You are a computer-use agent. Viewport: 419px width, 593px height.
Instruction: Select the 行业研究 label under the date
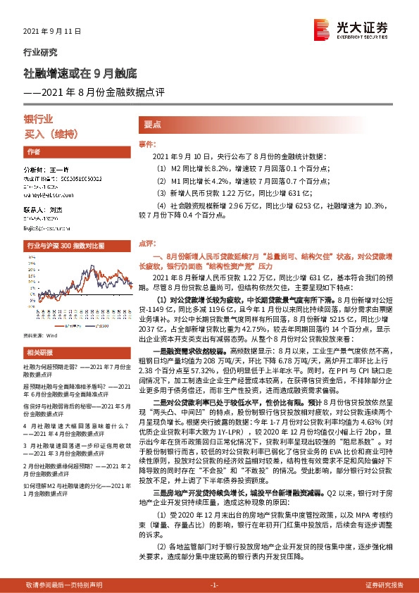41,52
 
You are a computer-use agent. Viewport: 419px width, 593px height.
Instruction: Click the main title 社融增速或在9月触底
80,73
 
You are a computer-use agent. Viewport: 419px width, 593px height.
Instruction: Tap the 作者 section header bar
74,151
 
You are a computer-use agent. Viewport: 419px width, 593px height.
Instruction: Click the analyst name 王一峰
56,170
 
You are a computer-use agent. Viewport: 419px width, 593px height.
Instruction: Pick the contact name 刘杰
56,211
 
